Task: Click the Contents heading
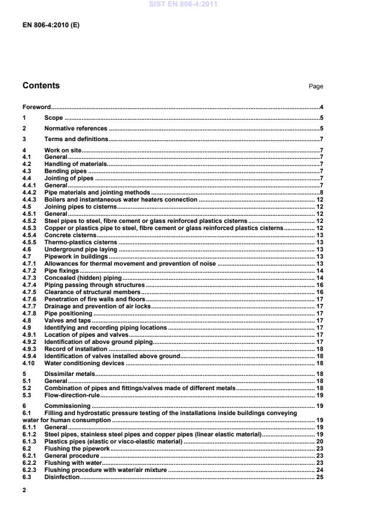[41, 86]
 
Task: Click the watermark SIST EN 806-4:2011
[183, 4]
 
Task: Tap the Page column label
[316, 87]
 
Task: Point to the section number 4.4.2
[30, 193]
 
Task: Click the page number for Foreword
[321, 107]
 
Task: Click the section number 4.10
[28, 363]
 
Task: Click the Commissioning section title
[67, 406]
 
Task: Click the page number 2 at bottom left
[24, 490]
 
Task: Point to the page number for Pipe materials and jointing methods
[321, 193]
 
